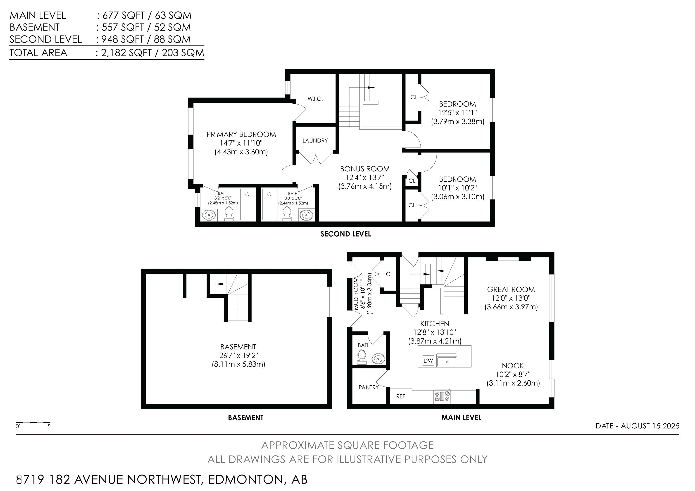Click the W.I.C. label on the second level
click(315, 99)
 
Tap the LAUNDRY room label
click(315, 141)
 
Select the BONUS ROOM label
click(365, 169)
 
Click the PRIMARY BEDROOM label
click(241, 134)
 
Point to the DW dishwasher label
click(428, 361)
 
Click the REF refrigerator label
click(400, 396)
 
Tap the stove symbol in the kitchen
click(442, 396)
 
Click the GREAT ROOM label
click(511, 289)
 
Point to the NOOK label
click(513, 366)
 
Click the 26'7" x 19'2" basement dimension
click(238, 356)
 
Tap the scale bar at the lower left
click(33, 422)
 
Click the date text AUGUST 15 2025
click(650, 426)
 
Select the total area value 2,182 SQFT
click(126, 53)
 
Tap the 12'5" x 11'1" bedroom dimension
click(457, 113)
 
